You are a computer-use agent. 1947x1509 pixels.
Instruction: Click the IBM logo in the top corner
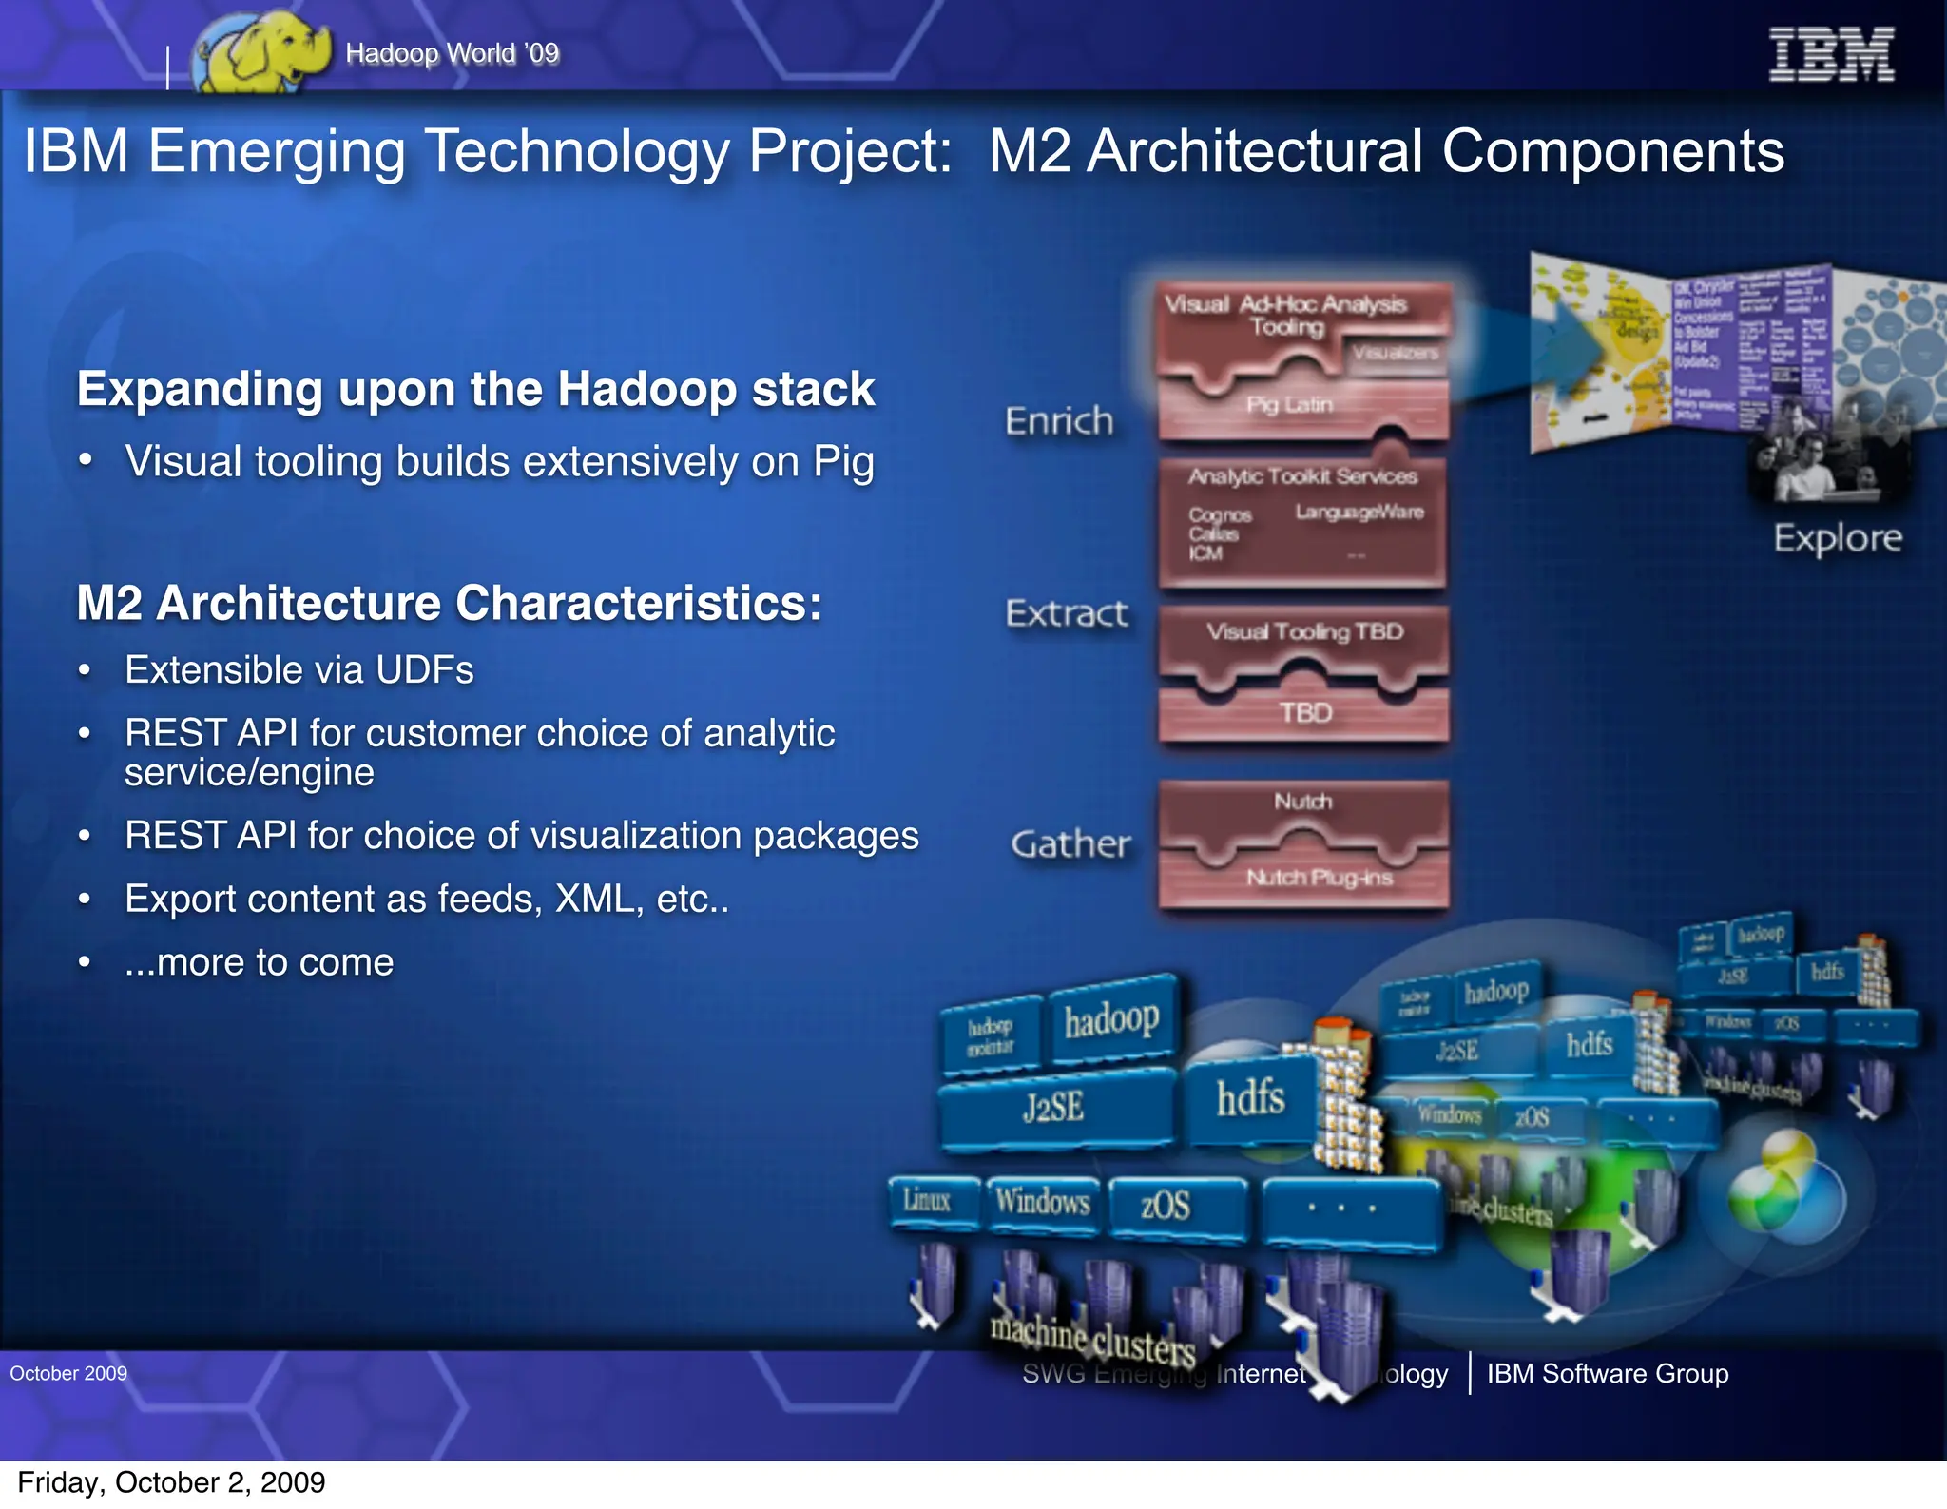1830,54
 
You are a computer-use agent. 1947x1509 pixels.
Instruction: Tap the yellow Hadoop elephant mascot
261,52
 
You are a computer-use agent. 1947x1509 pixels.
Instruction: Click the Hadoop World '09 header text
453,53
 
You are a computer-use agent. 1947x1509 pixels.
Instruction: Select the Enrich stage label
1059,420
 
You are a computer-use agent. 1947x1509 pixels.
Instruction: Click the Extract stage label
1067,613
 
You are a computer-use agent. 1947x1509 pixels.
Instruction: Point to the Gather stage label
1070,843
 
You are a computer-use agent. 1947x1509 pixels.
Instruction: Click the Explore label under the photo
1837,538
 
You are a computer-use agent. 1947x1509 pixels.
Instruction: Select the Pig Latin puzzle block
1289,405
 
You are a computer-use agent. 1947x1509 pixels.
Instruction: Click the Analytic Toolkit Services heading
1302,476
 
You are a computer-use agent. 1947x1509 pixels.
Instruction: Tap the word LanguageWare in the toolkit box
1359,513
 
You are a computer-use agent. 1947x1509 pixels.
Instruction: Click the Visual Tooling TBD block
1304,632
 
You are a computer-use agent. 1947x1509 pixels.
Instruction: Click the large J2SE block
1053,1108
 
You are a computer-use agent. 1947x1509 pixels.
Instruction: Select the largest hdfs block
1249,1098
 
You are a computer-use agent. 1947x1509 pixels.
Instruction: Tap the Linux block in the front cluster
927,1201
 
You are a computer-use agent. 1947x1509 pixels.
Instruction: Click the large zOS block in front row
1165,1206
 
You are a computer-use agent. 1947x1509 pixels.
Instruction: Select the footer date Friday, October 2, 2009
171,1482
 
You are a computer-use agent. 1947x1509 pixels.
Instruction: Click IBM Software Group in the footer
1607,1374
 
